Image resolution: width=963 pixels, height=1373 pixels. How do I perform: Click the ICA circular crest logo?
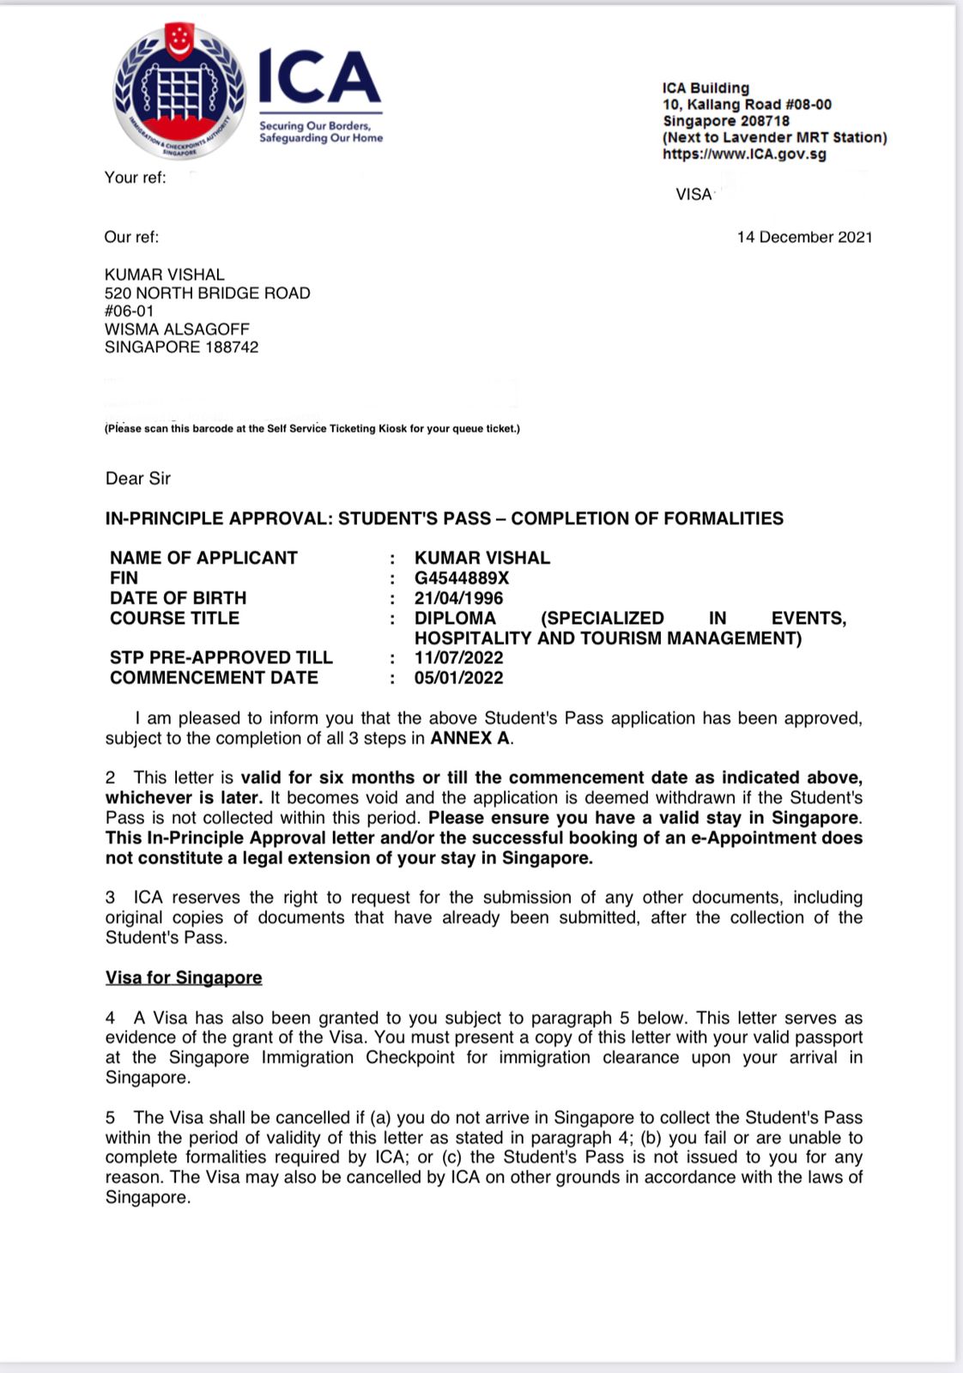point(179,90)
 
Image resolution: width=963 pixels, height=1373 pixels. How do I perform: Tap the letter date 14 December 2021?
point(804,237)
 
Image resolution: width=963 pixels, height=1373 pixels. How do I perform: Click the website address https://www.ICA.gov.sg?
point(744,154)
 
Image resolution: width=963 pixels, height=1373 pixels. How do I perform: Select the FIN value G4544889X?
point(462,578)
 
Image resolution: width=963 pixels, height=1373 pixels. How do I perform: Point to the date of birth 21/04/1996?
point(458,598)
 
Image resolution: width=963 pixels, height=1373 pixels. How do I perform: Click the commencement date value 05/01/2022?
point(458,678)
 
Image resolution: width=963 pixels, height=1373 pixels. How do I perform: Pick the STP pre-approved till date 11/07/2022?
point(458,658)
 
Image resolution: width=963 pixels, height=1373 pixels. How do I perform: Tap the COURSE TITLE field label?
point(174,619)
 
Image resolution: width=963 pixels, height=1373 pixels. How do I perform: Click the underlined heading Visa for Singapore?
point(184,978)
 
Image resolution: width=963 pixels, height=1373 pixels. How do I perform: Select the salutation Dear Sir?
point(138,479)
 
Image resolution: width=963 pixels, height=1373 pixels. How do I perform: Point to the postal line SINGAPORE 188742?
point(181,348)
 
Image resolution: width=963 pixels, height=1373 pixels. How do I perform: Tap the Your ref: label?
point(135,178)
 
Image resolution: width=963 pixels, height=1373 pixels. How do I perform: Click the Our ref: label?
point(131,237)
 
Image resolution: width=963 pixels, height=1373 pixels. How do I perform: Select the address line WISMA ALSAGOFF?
point(177,330)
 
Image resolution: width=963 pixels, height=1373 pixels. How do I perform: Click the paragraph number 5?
point(110,1118)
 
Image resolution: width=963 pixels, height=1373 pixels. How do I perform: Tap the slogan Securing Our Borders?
point(315,125)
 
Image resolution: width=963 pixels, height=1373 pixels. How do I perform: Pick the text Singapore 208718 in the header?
point(725,121)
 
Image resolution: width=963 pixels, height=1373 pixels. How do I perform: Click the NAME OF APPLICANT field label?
point(203,559)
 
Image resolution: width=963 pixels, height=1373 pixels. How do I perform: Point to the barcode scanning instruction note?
point(312,428)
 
